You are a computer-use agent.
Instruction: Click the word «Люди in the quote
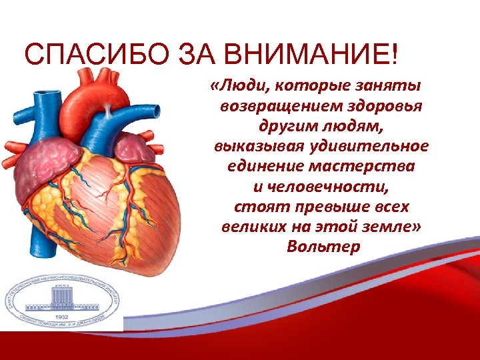point(239,87)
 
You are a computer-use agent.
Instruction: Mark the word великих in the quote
point(251,227)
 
